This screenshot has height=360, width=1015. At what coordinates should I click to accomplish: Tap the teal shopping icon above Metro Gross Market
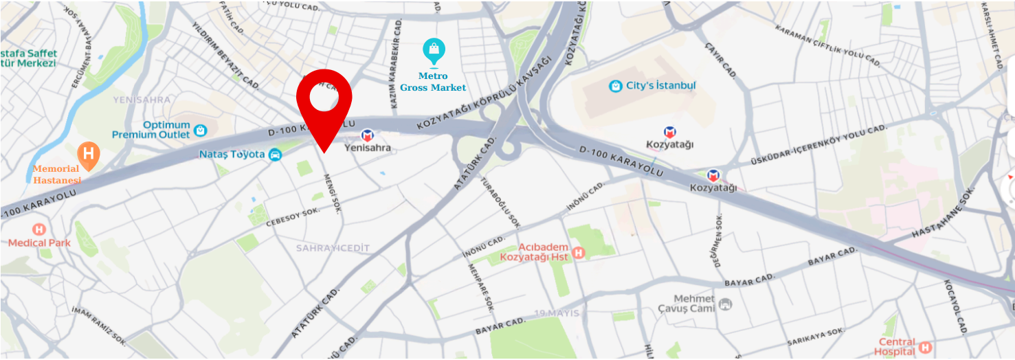(434, 49)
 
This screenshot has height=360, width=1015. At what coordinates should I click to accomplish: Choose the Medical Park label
(39, 243)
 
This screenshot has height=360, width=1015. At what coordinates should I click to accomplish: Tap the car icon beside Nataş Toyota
(275, 155)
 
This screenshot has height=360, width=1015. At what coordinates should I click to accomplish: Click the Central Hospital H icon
(925, 347)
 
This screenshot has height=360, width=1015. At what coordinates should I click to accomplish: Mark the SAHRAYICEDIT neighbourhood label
(333, 247)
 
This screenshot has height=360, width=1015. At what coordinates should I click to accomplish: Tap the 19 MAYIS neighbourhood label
(557, 313)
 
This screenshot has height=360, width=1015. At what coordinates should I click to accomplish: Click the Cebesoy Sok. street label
(293, 214)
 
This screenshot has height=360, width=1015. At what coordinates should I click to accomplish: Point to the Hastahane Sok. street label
(947, 218)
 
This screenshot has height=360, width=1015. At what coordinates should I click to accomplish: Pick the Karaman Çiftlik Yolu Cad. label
(827, 47)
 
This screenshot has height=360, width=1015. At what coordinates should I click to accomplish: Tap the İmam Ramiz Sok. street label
(100, 326)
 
